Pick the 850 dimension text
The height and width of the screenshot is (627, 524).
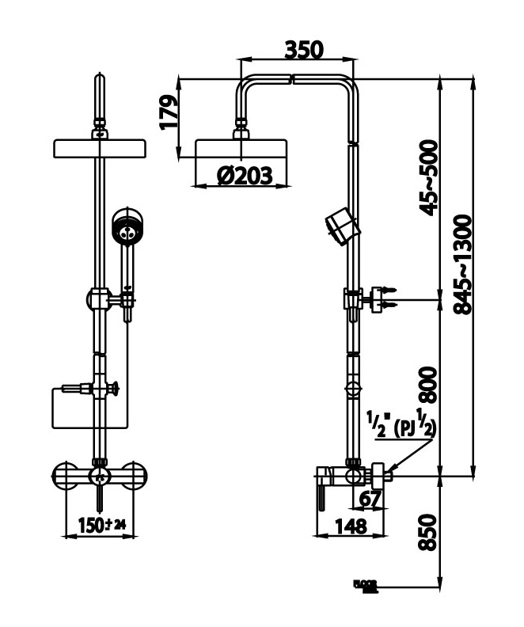[427, 533]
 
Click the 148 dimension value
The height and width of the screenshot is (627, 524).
[348, 525]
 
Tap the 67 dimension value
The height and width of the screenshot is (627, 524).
[370, 498]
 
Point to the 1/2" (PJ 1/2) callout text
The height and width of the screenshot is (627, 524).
[402, 422]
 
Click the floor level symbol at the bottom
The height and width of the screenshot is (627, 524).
[366, 587]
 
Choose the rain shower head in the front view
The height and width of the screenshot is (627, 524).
[99, 148]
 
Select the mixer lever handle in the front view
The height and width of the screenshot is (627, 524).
[100, 494]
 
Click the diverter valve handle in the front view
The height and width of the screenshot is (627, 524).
[113, 388]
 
